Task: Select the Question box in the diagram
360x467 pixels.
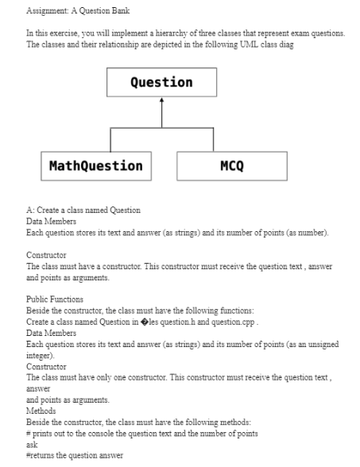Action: click(x=161, y=83)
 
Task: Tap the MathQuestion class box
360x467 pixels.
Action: click(x=96, y=166)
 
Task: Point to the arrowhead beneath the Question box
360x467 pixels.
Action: click(x=161, y=101)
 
